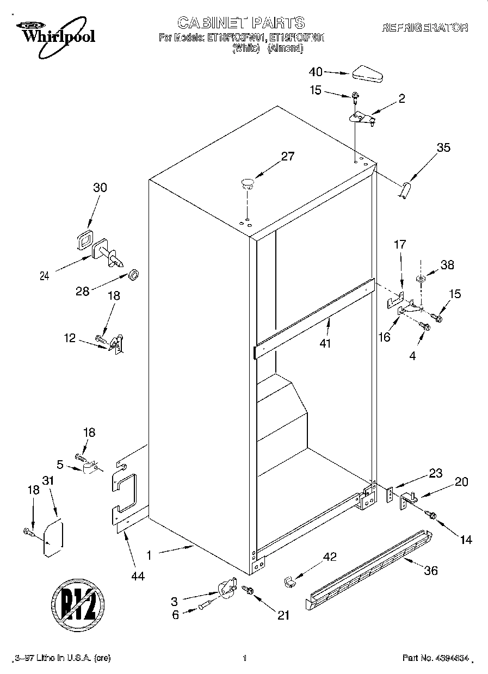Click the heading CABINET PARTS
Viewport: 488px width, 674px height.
pos(241,22)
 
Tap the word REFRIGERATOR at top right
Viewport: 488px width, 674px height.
pos(425,28)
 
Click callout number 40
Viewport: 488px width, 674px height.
pos(316,71)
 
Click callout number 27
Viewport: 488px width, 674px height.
pos(287,157)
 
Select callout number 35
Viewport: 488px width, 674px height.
pos(443,147)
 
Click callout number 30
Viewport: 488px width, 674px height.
pos(100,188)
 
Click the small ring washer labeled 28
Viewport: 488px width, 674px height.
pos(133,272)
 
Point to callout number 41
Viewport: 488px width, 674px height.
pos(325,343)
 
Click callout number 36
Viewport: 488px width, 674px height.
pos(430,571)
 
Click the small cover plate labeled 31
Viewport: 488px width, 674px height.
pos(53,539)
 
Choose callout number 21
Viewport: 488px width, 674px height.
pos(283,615)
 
